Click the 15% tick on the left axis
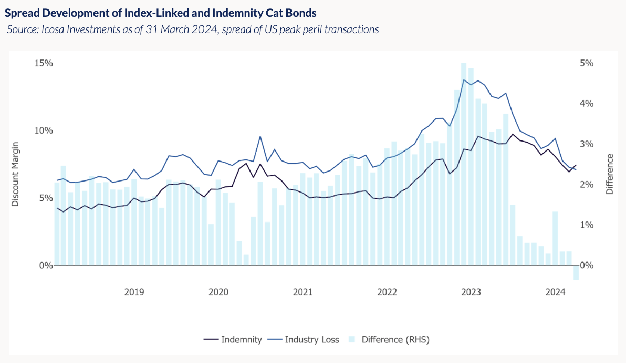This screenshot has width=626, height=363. pos(44,63)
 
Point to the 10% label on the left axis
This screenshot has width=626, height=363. pos(44,130)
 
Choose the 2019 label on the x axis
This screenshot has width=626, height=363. pos(134,292)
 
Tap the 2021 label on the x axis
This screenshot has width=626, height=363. pos(302,292)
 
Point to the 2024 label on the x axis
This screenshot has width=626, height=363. pos(555,292)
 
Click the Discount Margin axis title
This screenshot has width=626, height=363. pos(15,174)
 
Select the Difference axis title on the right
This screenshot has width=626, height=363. pos(610,174)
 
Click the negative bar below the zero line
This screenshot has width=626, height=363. pos(576,273)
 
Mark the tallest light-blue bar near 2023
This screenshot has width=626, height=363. pos(464,163)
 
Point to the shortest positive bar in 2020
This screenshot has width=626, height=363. pos(246,260)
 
